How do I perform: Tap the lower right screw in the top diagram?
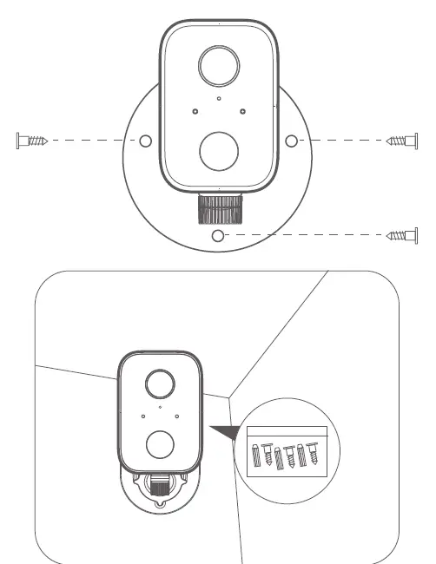(x=403, y=234)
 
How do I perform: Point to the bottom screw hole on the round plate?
(x=219, y=235)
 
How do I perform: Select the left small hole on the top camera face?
(x=195, y=110)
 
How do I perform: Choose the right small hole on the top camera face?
(x=243, y=110)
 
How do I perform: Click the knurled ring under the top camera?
(x=219, y=208)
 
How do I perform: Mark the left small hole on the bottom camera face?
(x=143, y=416)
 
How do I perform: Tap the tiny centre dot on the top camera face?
(x=219, y=99)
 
